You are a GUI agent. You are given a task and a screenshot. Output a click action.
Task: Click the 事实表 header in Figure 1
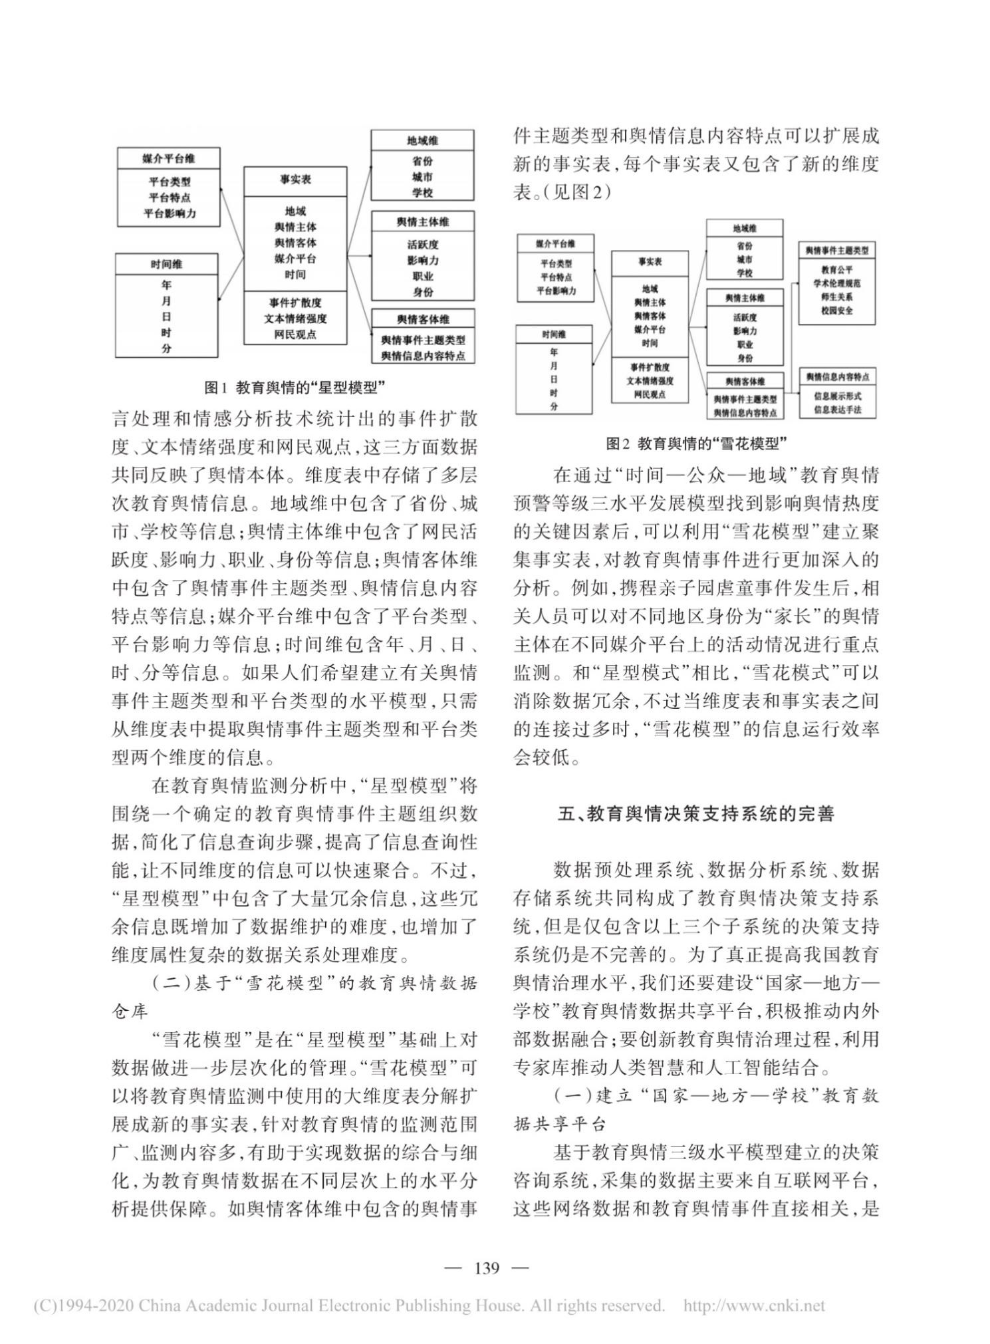click(295, 180)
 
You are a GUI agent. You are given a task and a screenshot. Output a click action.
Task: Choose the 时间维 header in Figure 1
click(166, 264)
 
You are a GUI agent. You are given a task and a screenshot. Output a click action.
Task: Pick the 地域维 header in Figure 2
click(744, 228)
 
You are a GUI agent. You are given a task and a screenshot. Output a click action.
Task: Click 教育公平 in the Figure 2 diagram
click(836, 270)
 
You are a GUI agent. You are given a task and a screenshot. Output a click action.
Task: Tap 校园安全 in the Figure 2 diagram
click(836, 311)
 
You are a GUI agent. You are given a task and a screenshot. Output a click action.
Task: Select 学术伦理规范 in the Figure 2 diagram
click(836, 283)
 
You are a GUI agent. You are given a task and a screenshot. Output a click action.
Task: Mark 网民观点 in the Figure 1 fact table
click(295, 334)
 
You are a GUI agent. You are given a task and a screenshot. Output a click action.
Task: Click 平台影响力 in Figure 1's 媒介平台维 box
click(170, 213)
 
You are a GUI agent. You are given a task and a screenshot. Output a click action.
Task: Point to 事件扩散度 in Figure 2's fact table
click(650, 367)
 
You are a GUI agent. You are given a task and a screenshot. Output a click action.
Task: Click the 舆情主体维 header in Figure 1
click(423, 221)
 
